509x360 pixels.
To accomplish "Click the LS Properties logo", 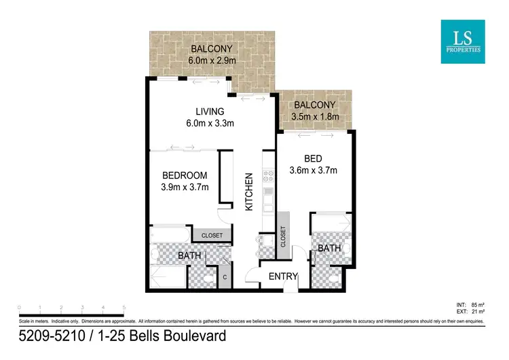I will click(x=462, y=41).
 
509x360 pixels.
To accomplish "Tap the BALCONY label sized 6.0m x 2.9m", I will click(x=212, y=49).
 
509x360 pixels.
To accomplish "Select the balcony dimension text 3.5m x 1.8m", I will click(x=314, y=117).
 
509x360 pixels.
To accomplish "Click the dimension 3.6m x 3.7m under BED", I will click(x=313, y=170).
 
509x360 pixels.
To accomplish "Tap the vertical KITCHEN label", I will click(x=249, y=190).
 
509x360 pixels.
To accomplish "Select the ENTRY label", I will click(x=283, y=276).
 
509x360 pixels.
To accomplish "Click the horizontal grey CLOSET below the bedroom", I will click(x=212, y=235).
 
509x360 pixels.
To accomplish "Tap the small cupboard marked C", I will click(x=225, y=277).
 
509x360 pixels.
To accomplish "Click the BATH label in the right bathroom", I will click(x=329, y=249).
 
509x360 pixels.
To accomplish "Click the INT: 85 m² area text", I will click(x=478, y=305).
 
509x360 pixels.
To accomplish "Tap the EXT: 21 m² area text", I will click(x=478, y=312).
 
